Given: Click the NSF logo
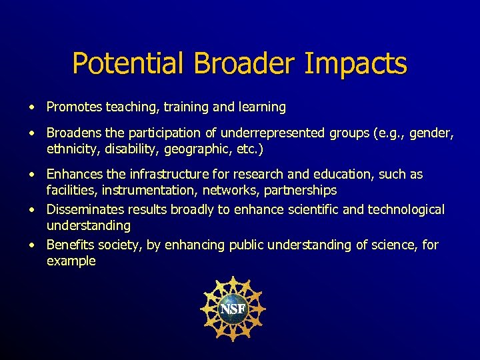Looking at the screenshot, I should pos(233,309).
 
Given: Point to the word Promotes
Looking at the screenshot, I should pos(74,107).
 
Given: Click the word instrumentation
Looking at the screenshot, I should pos(145,191).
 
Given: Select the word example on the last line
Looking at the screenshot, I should pos(71,261).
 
